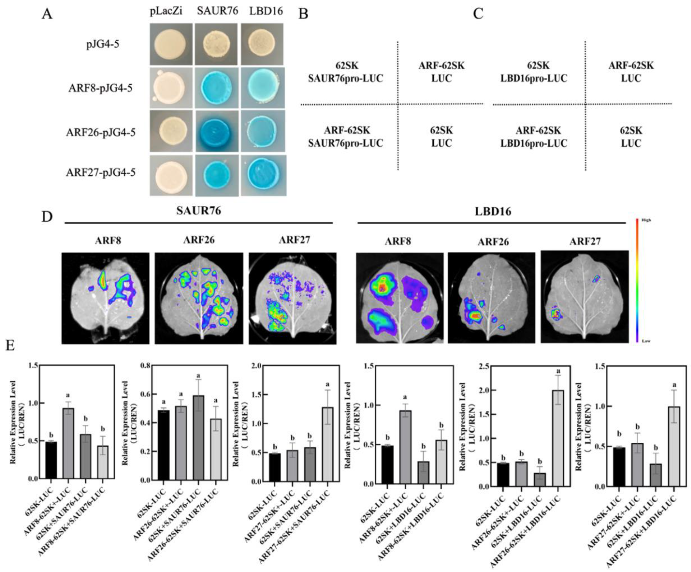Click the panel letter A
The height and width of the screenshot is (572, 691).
tap(47, 14)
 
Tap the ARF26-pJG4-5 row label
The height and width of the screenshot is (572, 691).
tap(100, 132)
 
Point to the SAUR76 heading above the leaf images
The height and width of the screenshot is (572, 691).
tap(198, 210)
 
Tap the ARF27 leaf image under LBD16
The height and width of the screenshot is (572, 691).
tap(585, 297)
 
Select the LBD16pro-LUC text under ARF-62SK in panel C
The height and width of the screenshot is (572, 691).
tap(534, 143)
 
